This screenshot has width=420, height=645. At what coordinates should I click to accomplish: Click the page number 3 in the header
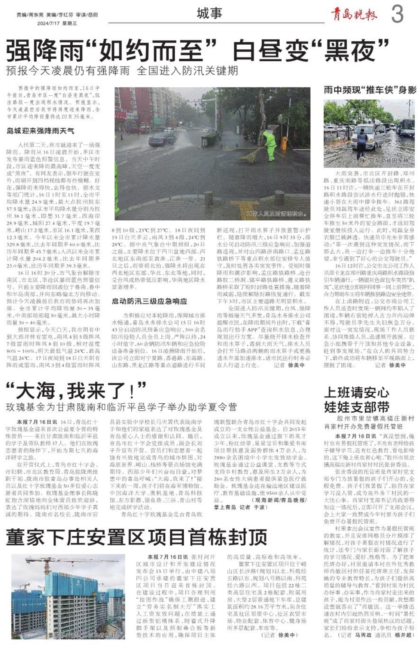click(x=397, y=14)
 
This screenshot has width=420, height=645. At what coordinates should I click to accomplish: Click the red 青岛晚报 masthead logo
click(x=354, y=15)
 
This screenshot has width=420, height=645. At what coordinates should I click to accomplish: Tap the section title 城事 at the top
click(x=209, y=14)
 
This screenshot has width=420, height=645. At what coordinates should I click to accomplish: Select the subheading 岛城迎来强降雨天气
click(x=40, y=131)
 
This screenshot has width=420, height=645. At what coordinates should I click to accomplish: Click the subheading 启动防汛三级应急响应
click(x=149, y=301)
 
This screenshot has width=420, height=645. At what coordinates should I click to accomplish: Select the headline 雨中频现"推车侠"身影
click(x=370, y=90)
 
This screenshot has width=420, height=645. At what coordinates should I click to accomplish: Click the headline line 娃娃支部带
click(x=356, y=407)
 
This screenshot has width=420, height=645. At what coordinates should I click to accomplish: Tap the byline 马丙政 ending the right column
click(x=363, y=635)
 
